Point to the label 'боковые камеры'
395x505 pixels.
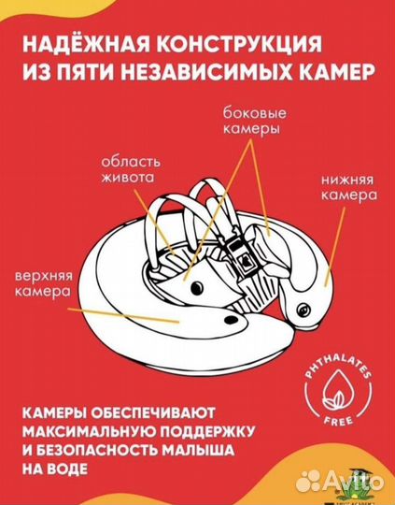point(254,121)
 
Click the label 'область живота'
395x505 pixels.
point(131,169)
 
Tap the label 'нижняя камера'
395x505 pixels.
point(349,188)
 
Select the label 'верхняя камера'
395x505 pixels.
point(44,283)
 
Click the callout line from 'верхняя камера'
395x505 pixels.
point(123,315)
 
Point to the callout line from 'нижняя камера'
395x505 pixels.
point(335,246)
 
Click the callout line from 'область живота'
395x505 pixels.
point(154,223)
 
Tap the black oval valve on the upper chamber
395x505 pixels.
point(232,320)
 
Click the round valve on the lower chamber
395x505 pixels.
point(303,310)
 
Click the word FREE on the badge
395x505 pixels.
point(338,420)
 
